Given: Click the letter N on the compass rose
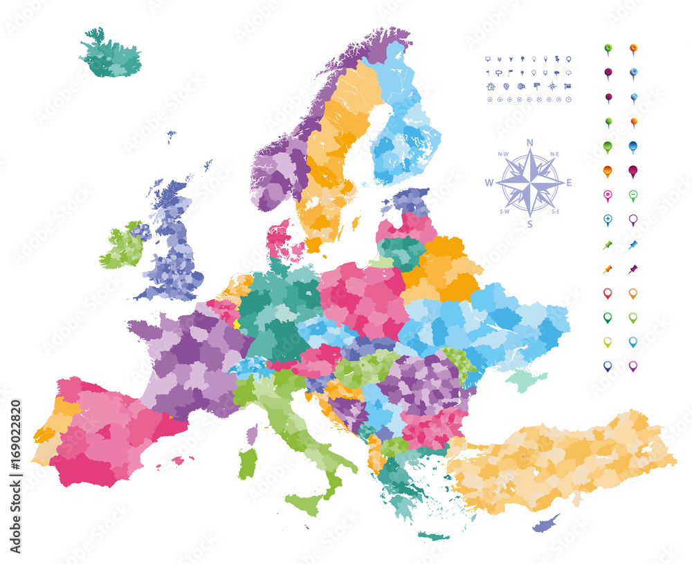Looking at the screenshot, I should pos(529,143).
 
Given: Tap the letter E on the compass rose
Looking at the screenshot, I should pos(570,183).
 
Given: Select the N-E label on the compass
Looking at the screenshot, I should pos(554,153).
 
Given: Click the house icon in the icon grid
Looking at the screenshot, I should pos(491,86).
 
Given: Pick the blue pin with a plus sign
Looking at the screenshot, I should pos(608,220).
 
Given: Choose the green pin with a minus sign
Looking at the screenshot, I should pos(633,196).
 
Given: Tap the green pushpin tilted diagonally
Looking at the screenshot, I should pos(608,245).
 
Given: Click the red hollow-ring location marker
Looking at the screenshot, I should pos(608,293).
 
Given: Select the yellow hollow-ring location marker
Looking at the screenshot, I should pos(608,341).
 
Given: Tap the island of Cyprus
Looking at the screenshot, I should pos(546,523).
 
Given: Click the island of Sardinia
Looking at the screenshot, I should pos(247,464).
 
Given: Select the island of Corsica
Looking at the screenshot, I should pos(252,434).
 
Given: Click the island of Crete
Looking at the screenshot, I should pos(434,535).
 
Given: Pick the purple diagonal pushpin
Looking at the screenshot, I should pos(633,269).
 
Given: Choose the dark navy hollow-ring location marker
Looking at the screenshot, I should pos(608,366).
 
